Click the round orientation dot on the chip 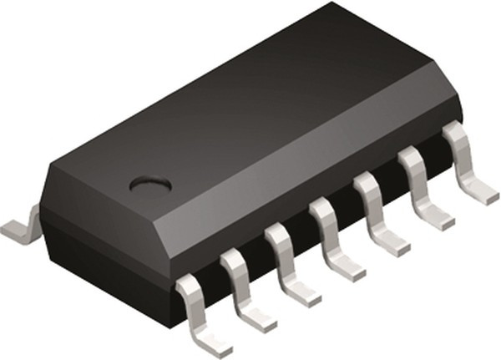[150, 182]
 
